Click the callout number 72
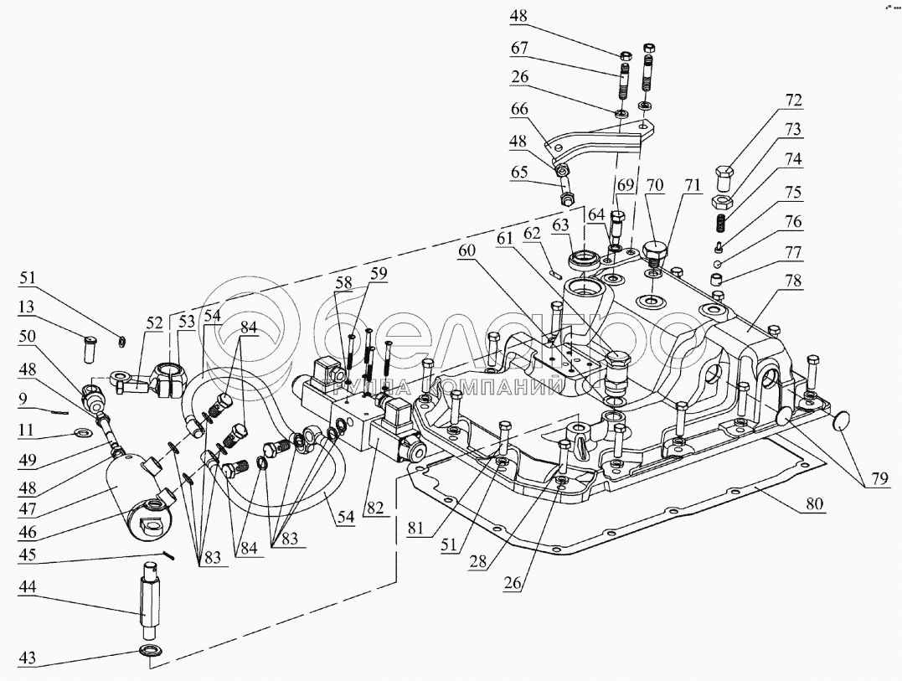tap(793, 101)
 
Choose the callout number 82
tap(374, 508)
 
